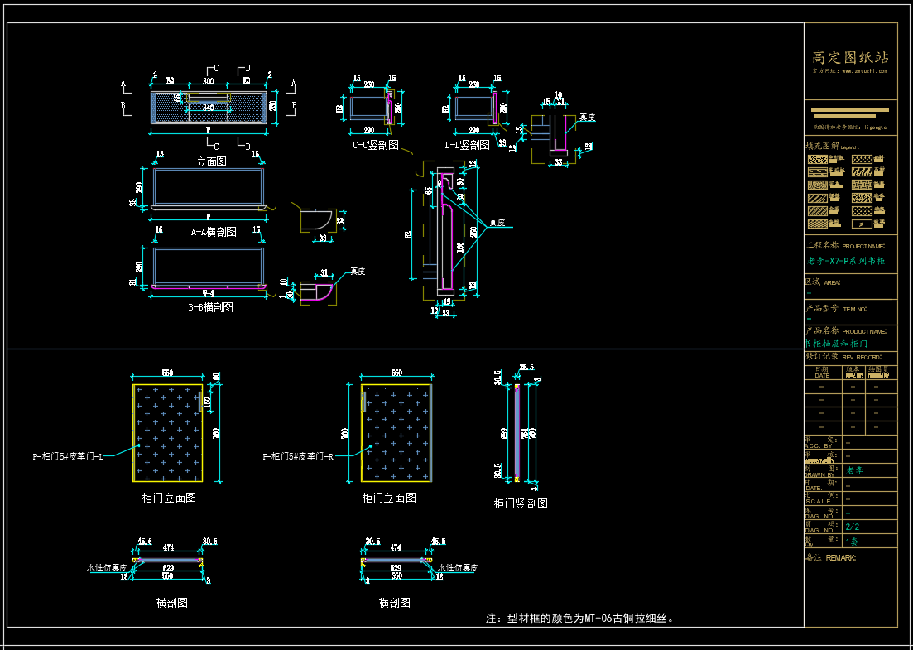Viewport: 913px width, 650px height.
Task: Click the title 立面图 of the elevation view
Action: (x=211, y=162)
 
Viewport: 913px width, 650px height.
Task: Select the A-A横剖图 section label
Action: (x=214, y=233)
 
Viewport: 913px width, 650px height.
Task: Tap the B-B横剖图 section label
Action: (x=210, y=307)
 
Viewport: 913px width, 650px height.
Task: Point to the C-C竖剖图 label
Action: (x=375, y=145)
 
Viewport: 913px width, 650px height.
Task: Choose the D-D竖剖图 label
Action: (x=468, y=145)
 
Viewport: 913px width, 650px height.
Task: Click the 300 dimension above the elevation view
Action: (x=208, y=81)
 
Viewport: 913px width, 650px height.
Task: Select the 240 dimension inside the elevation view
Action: (x=208, y=108)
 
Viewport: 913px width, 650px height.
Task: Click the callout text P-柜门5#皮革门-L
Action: (x=68, y=456)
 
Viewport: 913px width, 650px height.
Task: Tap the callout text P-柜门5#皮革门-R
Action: (x=298, y=456)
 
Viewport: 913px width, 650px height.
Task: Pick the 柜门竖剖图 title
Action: (x=521, y=503)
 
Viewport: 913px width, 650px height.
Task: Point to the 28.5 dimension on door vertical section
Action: (x=526, y=367)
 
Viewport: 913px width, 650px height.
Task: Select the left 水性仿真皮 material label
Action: (x=107, y=568)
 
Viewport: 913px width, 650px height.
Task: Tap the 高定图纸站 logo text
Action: (x=850, y=57)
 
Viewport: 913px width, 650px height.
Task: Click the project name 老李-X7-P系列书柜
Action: (x=846, y=261)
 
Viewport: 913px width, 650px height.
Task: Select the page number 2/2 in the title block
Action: (x=852, y=526)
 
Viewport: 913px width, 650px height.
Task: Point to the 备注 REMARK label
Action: (x=831, y=557)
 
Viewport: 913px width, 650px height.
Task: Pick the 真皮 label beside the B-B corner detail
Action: (x=358, y=271)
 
